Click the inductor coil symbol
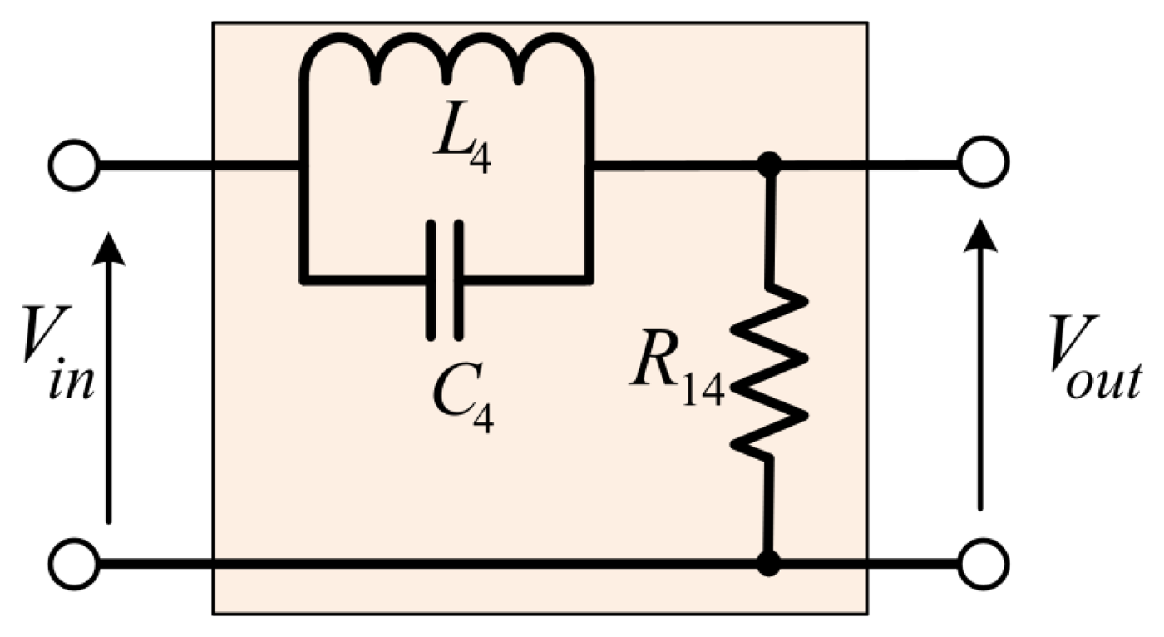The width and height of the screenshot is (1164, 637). pos(446,62)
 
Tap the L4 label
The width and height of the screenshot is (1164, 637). pos(462,148)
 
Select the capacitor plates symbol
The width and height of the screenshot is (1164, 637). pos(446,280)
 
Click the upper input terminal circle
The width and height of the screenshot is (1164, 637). pos(73,165)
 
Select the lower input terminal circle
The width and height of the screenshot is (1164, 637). pos(73,563)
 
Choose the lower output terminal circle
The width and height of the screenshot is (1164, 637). pos(983,563)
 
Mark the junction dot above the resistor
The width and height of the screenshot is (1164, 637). pos(772,165)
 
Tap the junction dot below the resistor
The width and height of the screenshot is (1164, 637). pos(772,563)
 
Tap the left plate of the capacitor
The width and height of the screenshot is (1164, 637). pos(432,280)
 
